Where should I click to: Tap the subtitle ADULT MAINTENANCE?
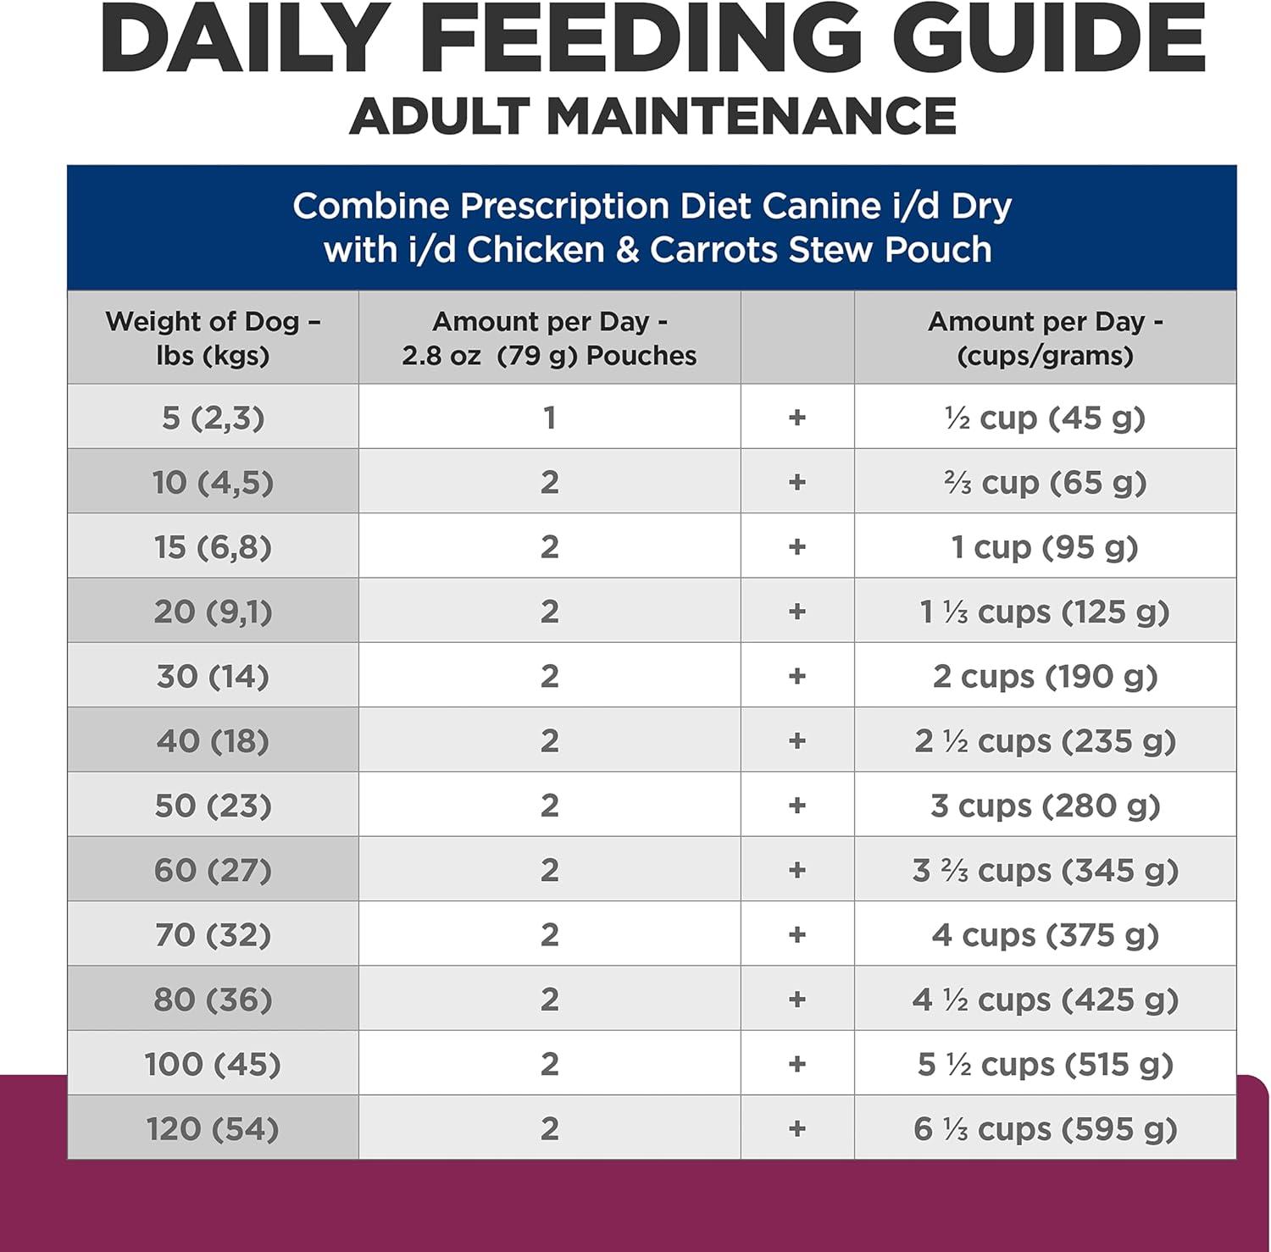pyautogui.click(x=653, y=116)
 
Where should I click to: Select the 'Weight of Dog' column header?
pyautogui.click(x=213, y=338)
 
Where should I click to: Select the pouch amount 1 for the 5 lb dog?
pyautogui.click(x=549, y=418)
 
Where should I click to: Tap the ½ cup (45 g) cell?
pyautogui.click(x=1045, y=418)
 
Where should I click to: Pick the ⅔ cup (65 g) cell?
pyautogui.click(x=1045, y=482)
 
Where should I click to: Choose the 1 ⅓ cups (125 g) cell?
pyautogui.click(x=1045, y=612)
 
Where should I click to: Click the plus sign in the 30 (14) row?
pyautogui.click(x=796, y=676)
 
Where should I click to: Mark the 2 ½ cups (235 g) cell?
pyautogui.click(x=1045, y=741)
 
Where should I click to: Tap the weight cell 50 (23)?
pyautogui.click(x=213, y=806)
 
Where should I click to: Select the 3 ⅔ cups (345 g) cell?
pyautogui.click(x=1045, y=870)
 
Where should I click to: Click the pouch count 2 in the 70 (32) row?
pyautogui.click(x=549, y=934)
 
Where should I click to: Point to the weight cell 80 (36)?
pyautogui.click(x=213, y=1000)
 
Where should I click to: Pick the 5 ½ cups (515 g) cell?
pyautogui.click(x=1045, y=1064)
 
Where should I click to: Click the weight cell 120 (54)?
pyautogui.click(x=213, y=1128)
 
